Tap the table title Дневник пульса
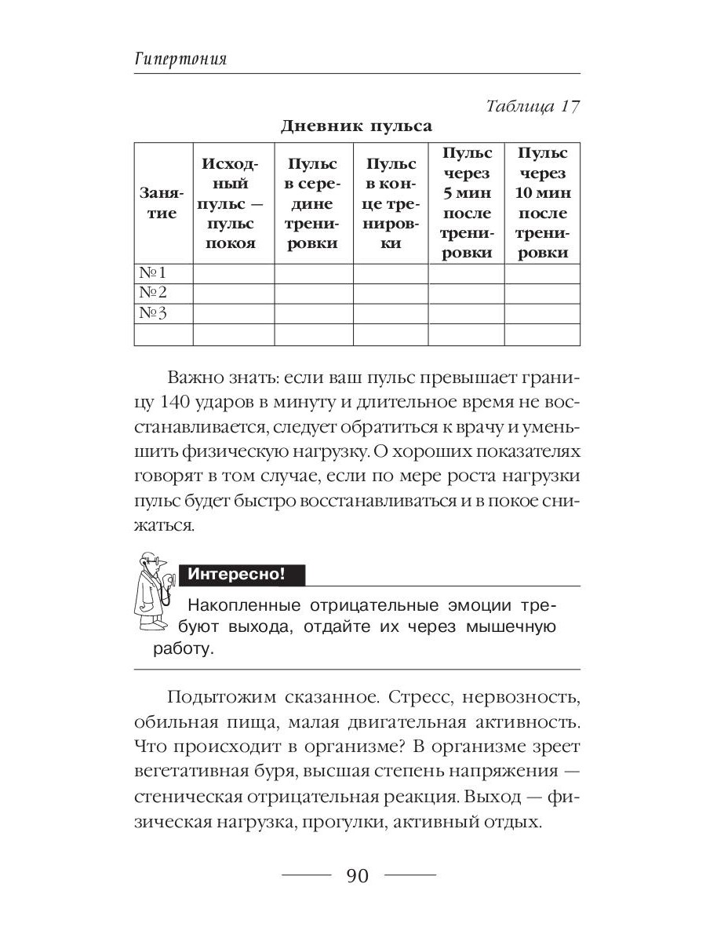[x=356, y=126]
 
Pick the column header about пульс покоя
[x=233, y=203]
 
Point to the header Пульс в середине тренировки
[x=313, y=203]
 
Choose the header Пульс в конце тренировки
[x=391, y=203]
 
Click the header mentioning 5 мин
[x=466, y=203]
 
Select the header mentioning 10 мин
[x=542, y=203]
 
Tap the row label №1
[x=155, y=274]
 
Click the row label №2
[x=155, y=294]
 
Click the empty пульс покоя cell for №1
[x=233, y=274]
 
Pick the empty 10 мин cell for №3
[x=542, y=314]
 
